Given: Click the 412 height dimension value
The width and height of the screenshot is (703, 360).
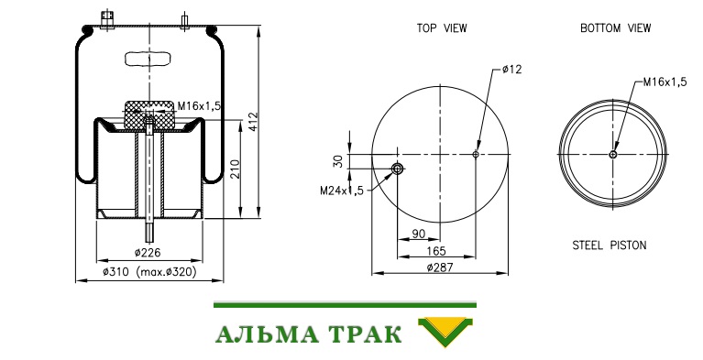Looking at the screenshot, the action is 254,122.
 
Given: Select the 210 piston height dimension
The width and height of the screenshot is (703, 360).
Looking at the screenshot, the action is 235,169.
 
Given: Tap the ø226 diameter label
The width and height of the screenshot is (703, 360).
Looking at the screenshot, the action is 148,253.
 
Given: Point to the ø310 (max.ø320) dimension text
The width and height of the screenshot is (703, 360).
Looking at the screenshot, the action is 149,272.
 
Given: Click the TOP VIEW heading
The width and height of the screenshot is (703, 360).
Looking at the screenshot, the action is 442,28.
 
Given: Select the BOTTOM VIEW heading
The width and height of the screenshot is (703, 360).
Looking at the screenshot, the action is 615,28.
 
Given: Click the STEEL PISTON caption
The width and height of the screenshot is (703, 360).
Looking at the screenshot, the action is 610,245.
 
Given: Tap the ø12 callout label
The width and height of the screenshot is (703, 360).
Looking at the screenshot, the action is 512,70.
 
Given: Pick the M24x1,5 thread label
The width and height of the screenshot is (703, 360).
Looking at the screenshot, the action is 342,191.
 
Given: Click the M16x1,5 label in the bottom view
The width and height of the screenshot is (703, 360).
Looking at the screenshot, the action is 665,82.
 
